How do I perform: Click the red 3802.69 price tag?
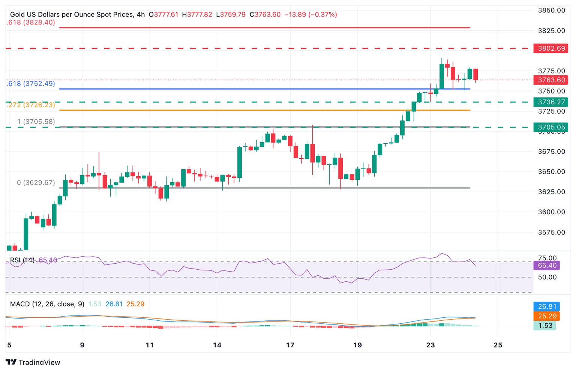[x=550, y=48]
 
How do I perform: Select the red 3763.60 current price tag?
[x=550, y=80]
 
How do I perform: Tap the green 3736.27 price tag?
[x=550, y=102]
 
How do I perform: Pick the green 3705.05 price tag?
[x=550, y=127]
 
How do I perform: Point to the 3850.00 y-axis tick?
[x=551, y=11]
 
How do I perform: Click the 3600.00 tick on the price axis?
[x=551, y=212]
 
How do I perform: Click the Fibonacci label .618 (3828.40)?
[x=31, y=23]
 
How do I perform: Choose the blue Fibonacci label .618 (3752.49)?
[x=31, y=84]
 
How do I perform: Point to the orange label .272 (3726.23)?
[x=31, y=105]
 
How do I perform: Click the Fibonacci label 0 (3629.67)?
[x=36, y=183]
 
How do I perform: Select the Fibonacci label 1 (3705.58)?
[x=36, y=122]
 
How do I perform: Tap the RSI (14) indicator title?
[x=22, y=260]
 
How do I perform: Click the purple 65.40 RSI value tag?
[x=546, y=266]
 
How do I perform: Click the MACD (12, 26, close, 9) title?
[x=47, y=304]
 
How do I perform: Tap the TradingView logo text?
[x=39, y=362]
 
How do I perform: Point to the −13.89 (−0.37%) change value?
[x=310, y=15]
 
